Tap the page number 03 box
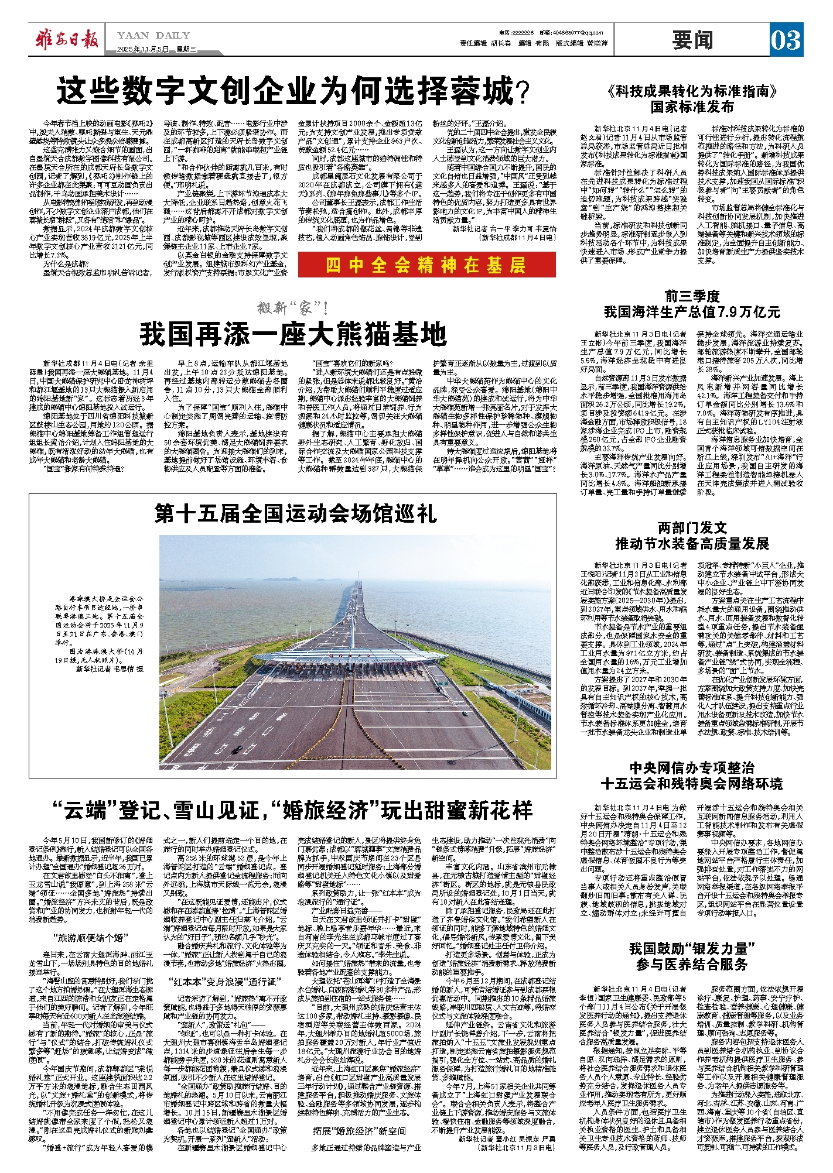point(786,40)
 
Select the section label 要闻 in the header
point(693,40)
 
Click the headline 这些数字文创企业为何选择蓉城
point(292,92)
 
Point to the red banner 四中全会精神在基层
point(426,265)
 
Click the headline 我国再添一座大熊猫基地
point(293,335)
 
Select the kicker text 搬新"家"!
point(293,308)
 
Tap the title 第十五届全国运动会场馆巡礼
point(295,513)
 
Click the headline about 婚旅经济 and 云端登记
point(292,811)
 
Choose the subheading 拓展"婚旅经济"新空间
point(359,1131)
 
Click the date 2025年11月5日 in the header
point(142,49)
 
